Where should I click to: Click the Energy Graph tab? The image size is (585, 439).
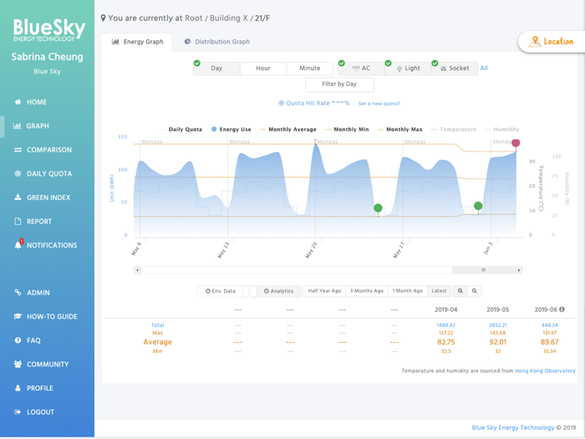(137, 42)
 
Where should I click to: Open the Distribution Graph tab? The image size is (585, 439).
(216, 42)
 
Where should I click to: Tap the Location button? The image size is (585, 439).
(552, 41)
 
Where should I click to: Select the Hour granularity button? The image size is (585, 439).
(262, 69)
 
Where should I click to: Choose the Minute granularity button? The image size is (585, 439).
(309, 69)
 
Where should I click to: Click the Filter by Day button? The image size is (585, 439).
(339, 84)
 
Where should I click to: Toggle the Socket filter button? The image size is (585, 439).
(455, 69)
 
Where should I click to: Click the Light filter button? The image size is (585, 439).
(409, 69)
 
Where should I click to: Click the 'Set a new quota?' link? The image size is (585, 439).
(379, 104)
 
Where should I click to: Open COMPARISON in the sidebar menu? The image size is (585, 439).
(48, 150)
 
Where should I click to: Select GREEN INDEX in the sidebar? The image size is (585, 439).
(48, 197)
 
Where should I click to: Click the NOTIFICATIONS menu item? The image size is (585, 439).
(51, 245)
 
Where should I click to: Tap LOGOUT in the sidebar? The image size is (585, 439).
(40, 412)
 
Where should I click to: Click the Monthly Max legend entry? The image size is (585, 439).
(404, 130)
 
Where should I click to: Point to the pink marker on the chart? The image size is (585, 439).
(516, 143)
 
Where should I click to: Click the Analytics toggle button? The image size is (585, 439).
(279, 291)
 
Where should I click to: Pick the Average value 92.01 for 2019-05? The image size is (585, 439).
(498, 342)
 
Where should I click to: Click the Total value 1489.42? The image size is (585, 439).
(445, 324)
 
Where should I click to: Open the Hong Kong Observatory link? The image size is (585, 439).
(545, 370)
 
